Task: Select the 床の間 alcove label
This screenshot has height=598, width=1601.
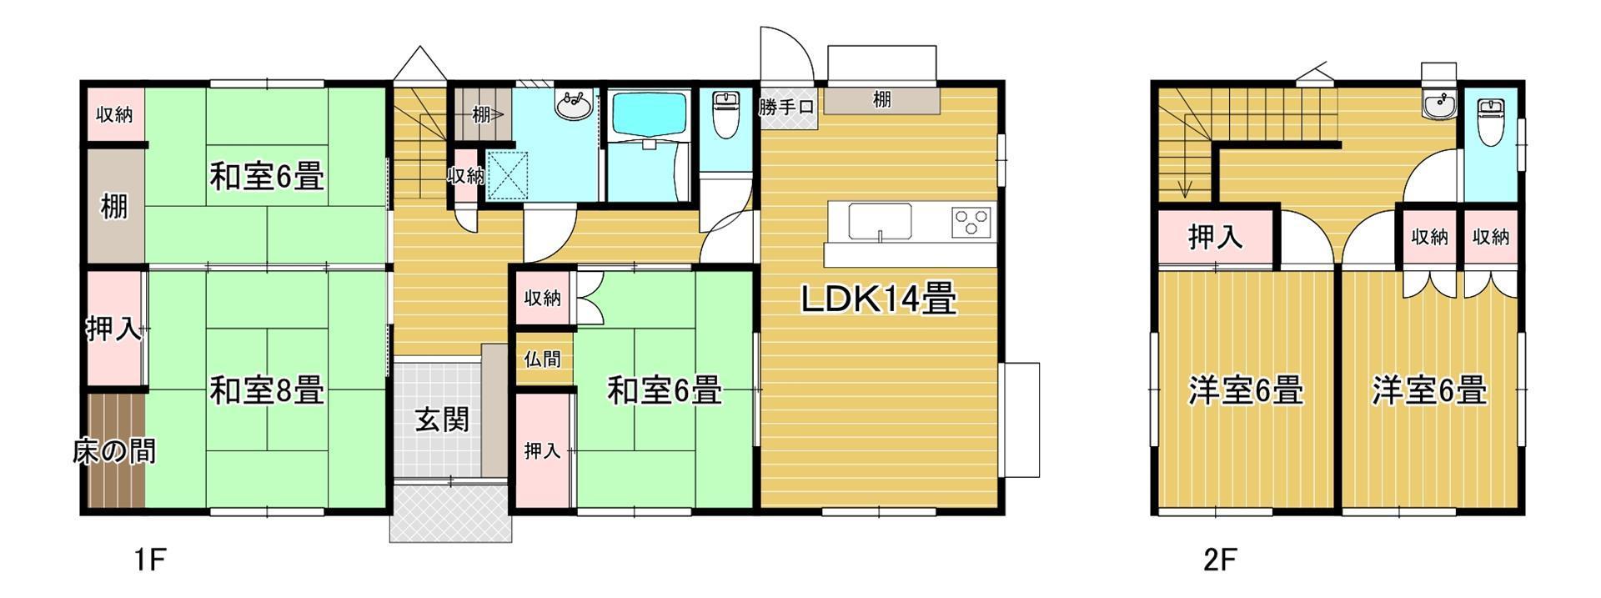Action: tap(113, 452)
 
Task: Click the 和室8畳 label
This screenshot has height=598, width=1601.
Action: tap(266, 390)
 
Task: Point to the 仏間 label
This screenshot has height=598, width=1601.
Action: tap(542, 359)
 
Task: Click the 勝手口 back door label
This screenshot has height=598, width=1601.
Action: tap(786, 107)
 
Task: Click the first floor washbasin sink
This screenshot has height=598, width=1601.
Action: tap(575, 106)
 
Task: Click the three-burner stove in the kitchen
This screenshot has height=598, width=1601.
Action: tap(971, 222)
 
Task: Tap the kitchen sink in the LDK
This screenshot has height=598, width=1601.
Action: tap(880, 221)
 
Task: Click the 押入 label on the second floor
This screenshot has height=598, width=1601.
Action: tap(1216, 238)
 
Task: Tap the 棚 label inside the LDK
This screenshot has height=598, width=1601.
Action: tap(881, 100)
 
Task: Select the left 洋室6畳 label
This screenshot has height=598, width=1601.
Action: tap(1246, 390)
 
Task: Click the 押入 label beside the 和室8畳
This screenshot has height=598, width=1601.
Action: tap(114, 330)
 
